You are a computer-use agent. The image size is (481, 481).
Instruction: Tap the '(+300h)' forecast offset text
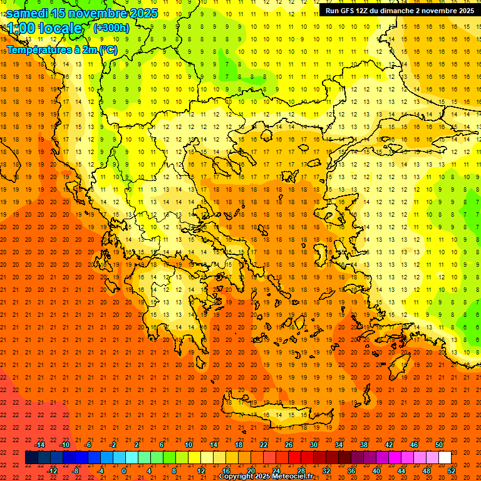click(111, 28)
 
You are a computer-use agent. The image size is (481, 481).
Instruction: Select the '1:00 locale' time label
click(44, 28)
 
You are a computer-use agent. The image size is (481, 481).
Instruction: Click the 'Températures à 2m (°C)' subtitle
click(61, 49)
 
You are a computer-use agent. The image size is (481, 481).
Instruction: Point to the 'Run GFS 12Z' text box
click(400, 11)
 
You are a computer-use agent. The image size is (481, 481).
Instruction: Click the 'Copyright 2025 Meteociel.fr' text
click(266, 477)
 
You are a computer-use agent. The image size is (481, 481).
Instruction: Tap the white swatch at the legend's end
click(445, 458)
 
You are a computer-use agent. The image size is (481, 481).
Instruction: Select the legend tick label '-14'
click(39, 445)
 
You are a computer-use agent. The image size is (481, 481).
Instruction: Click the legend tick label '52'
click(452, 471)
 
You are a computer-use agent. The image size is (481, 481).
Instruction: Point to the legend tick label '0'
click(124, 471)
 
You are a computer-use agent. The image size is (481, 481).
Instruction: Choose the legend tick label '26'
click(289, 445)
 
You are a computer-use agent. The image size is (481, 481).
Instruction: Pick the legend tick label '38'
click(364, 445)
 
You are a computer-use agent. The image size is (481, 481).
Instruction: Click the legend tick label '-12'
click(52, 471)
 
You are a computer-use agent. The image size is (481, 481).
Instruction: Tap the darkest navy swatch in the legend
click(31, 458)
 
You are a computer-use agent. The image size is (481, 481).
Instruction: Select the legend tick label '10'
click(189, 445)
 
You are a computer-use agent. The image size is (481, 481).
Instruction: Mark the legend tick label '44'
click(401, 471)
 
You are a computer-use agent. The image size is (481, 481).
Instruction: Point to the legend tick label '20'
click(251, 471)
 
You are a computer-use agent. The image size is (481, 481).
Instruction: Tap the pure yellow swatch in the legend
click(194, 458)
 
